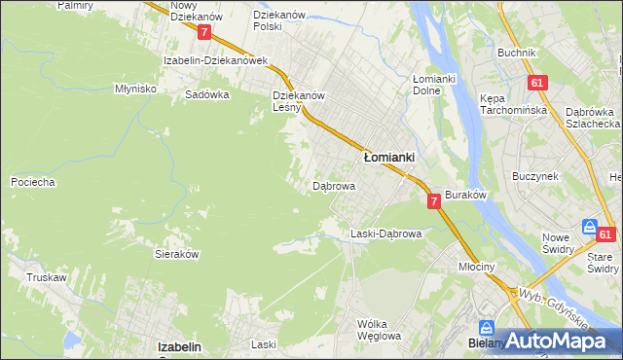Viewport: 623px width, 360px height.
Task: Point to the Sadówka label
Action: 206,95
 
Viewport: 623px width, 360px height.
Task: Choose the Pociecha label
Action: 32,182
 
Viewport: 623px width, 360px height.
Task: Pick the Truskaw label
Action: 47,277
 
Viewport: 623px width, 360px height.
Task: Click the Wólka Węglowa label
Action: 379,330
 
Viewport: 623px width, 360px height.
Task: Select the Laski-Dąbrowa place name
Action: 385,234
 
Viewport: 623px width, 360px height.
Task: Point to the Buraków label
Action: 465,196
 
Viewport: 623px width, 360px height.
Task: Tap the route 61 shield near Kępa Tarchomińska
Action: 536,84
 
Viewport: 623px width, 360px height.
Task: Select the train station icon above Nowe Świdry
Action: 589,226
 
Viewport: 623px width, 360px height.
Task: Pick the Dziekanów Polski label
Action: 280,20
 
